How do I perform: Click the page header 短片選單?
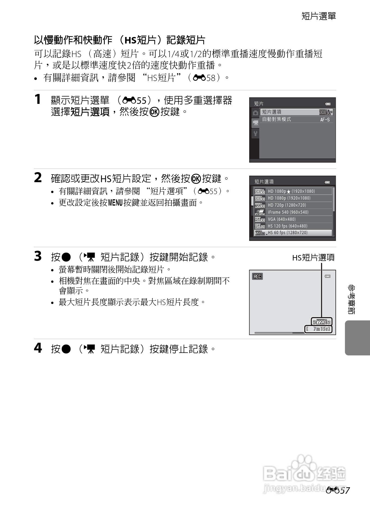(319, 16)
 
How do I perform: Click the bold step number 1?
(38, 99)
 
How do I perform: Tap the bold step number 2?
(38, 178)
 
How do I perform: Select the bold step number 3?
(38, 256)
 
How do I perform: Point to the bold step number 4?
(38, 348)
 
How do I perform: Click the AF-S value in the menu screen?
(325, 120)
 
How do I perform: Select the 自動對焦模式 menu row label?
(276, 119)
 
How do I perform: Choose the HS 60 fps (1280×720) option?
(288, 233)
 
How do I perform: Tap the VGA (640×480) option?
(282, 219)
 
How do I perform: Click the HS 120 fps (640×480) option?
(288, 226)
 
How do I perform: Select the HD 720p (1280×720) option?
(287, 205)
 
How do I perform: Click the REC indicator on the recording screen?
(257, 277)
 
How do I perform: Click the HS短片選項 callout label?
(313, 257)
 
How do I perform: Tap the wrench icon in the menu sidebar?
(255, 133)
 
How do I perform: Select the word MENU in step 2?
(115, 203)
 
